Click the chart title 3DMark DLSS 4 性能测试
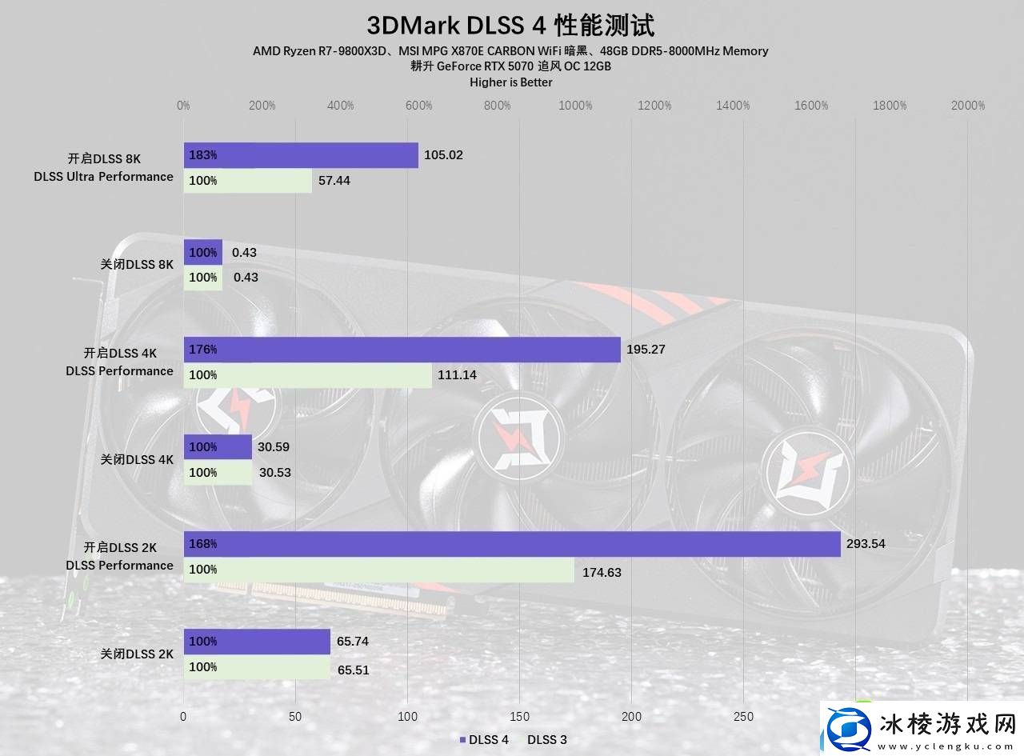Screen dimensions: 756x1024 (x=510, y=26)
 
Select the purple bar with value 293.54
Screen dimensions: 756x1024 (x=512, y=544)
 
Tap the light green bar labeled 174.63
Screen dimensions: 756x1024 (x=378, y=570)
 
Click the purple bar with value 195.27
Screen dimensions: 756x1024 (x=402, y=350)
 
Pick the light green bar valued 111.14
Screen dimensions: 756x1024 (x=307, y=375)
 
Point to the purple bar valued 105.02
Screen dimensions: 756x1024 (x=301, y=155)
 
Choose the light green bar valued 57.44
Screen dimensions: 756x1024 (x=247, y=181)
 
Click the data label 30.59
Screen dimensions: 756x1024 (x=274, y=447)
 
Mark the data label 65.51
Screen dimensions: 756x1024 (x=353, y=670)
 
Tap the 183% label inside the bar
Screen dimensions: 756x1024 (x=203, y=155)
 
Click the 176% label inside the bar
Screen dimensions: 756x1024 (x=203, y=350)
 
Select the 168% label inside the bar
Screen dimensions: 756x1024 (x=203, y=544)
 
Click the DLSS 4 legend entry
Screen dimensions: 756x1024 (x=484, y=740)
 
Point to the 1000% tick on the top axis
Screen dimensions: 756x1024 (x=575, y=106)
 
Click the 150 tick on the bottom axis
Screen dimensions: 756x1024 (x=519, y=717)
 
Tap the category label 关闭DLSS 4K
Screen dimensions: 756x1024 (x=136, y=460)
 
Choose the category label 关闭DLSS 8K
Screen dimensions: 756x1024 (x=136, y=265)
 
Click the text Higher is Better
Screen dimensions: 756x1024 (x=510, y=82)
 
